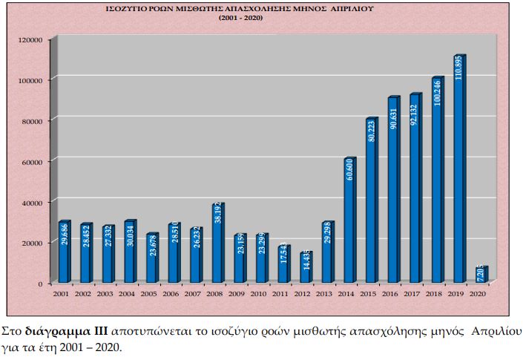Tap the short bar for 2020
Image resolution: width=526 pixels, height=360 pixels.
[481, 275]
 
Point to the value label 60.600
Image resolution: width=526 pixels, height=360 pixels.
[349, 170]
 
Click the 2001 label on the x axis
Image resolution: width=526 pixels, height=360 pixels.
[61, 294]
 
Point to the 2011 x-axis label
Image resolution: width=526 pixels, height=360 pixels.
[280, 294]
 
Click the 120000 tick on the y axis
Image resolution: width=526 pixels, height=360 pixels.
[30, 39]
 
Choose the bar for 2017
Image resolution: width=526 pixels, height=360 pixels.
[415, 189]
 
